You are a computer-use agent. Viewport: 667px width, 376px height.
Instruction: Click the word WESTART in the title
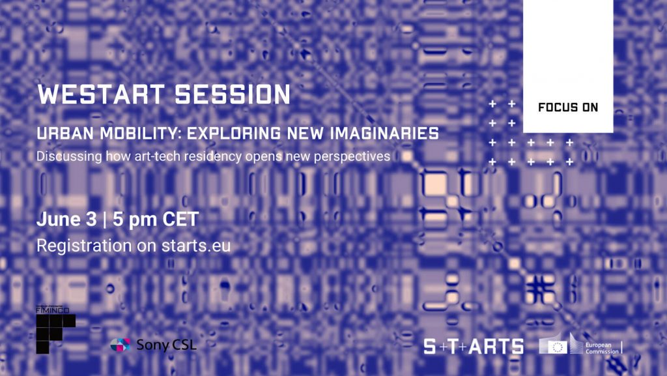101,94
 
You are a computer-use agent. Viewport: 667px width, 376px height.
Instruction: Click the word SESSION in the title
233,94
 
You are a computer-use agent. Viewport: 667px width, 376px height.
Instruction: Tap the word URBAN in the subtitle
65,134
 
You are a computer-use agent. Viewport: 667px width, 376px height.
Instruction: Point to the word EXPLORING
234,134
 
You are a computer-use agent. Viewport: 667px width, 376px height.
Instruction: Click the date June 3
67,220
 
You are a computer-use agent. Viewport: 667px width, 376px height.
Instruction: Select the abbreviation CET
180,220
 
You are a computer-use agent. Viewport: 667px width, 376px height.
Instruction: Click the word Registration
84,246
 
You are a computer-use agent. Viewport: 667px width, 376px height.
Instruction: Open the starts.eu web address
196,246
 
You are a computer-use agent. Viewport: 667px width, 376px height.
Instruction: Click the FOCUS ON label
568,108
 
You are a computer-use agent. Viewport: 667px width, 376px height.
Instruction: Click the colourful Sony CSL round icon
121,345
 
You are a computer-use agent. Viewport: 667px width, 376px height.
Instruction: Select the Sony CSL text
166,345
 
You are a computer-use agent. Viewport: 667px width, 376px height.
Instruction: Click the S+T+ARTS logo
474,347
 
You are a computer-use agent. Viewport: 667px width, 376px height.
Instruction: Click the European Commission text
602,349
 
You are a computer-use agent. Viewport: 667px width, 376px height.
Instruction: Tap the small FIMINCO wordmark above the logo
53,310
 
